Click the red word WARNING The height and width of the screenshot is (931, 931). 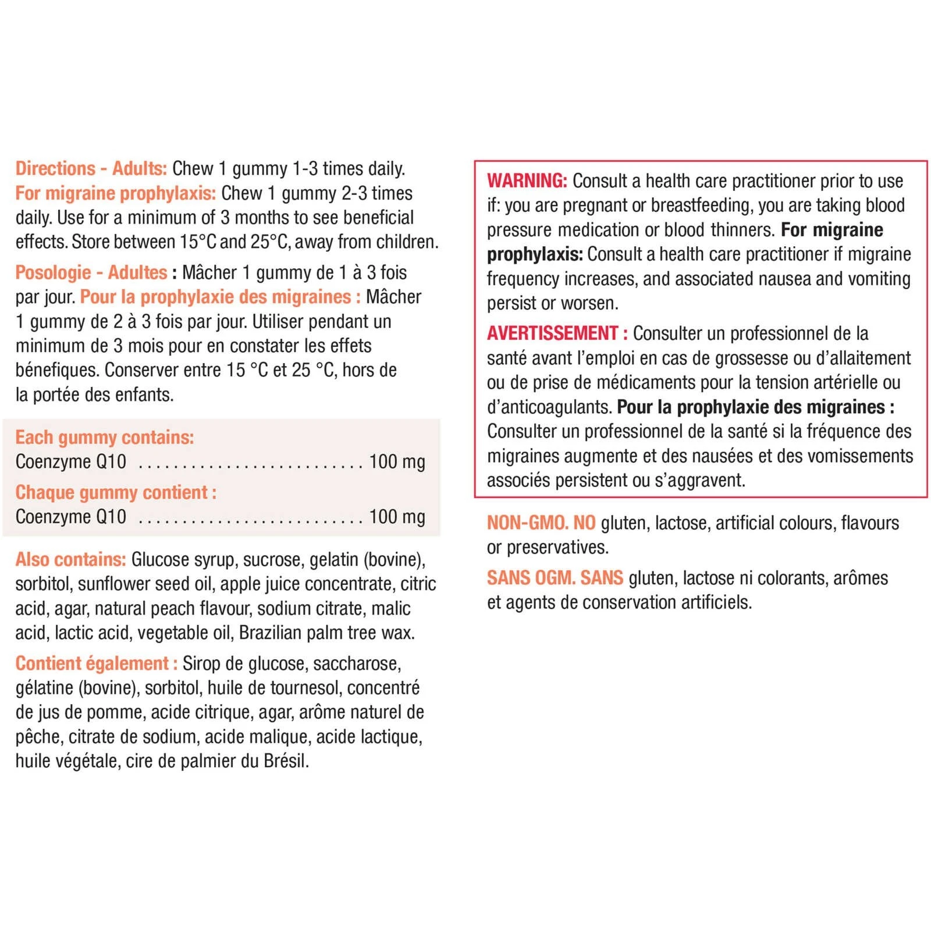[x=527, y=181]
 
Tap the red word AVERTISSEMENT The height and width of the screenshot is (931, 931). [x=553, y=333]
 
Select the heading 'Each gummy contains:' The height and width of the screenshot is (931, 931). [x=105, y=437]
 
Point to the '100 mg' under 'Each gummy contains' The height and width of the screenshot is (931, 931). [x=397, y=462]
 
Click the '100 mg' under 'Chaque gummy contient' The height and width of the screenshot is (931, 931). [x=397, y=517]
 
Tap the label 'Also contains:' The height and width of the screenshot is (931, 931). [x=70, y=559]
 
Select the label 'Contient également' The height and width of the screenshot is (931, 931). [x=92, y=663]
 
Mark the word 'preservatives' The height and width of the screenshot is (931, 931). [x=557, y=548]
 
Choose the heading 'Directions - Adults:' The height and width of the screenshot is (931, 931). [x=91, y=169]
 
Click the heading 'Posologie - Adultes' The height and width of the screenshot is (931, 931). [x=91, y=272]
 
